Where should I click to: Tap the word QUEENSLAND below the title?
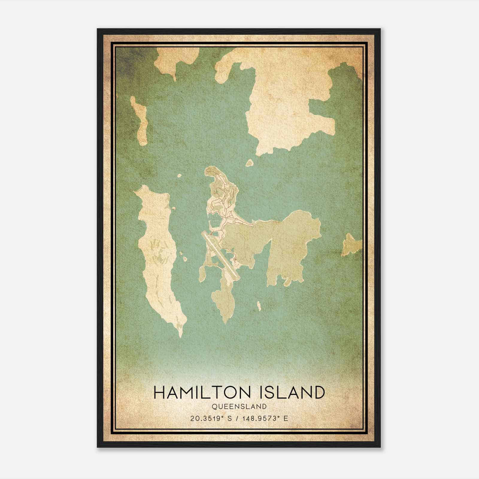point(239,407)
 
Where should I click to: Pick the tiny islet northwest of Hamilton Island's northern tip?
point(179,176)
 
